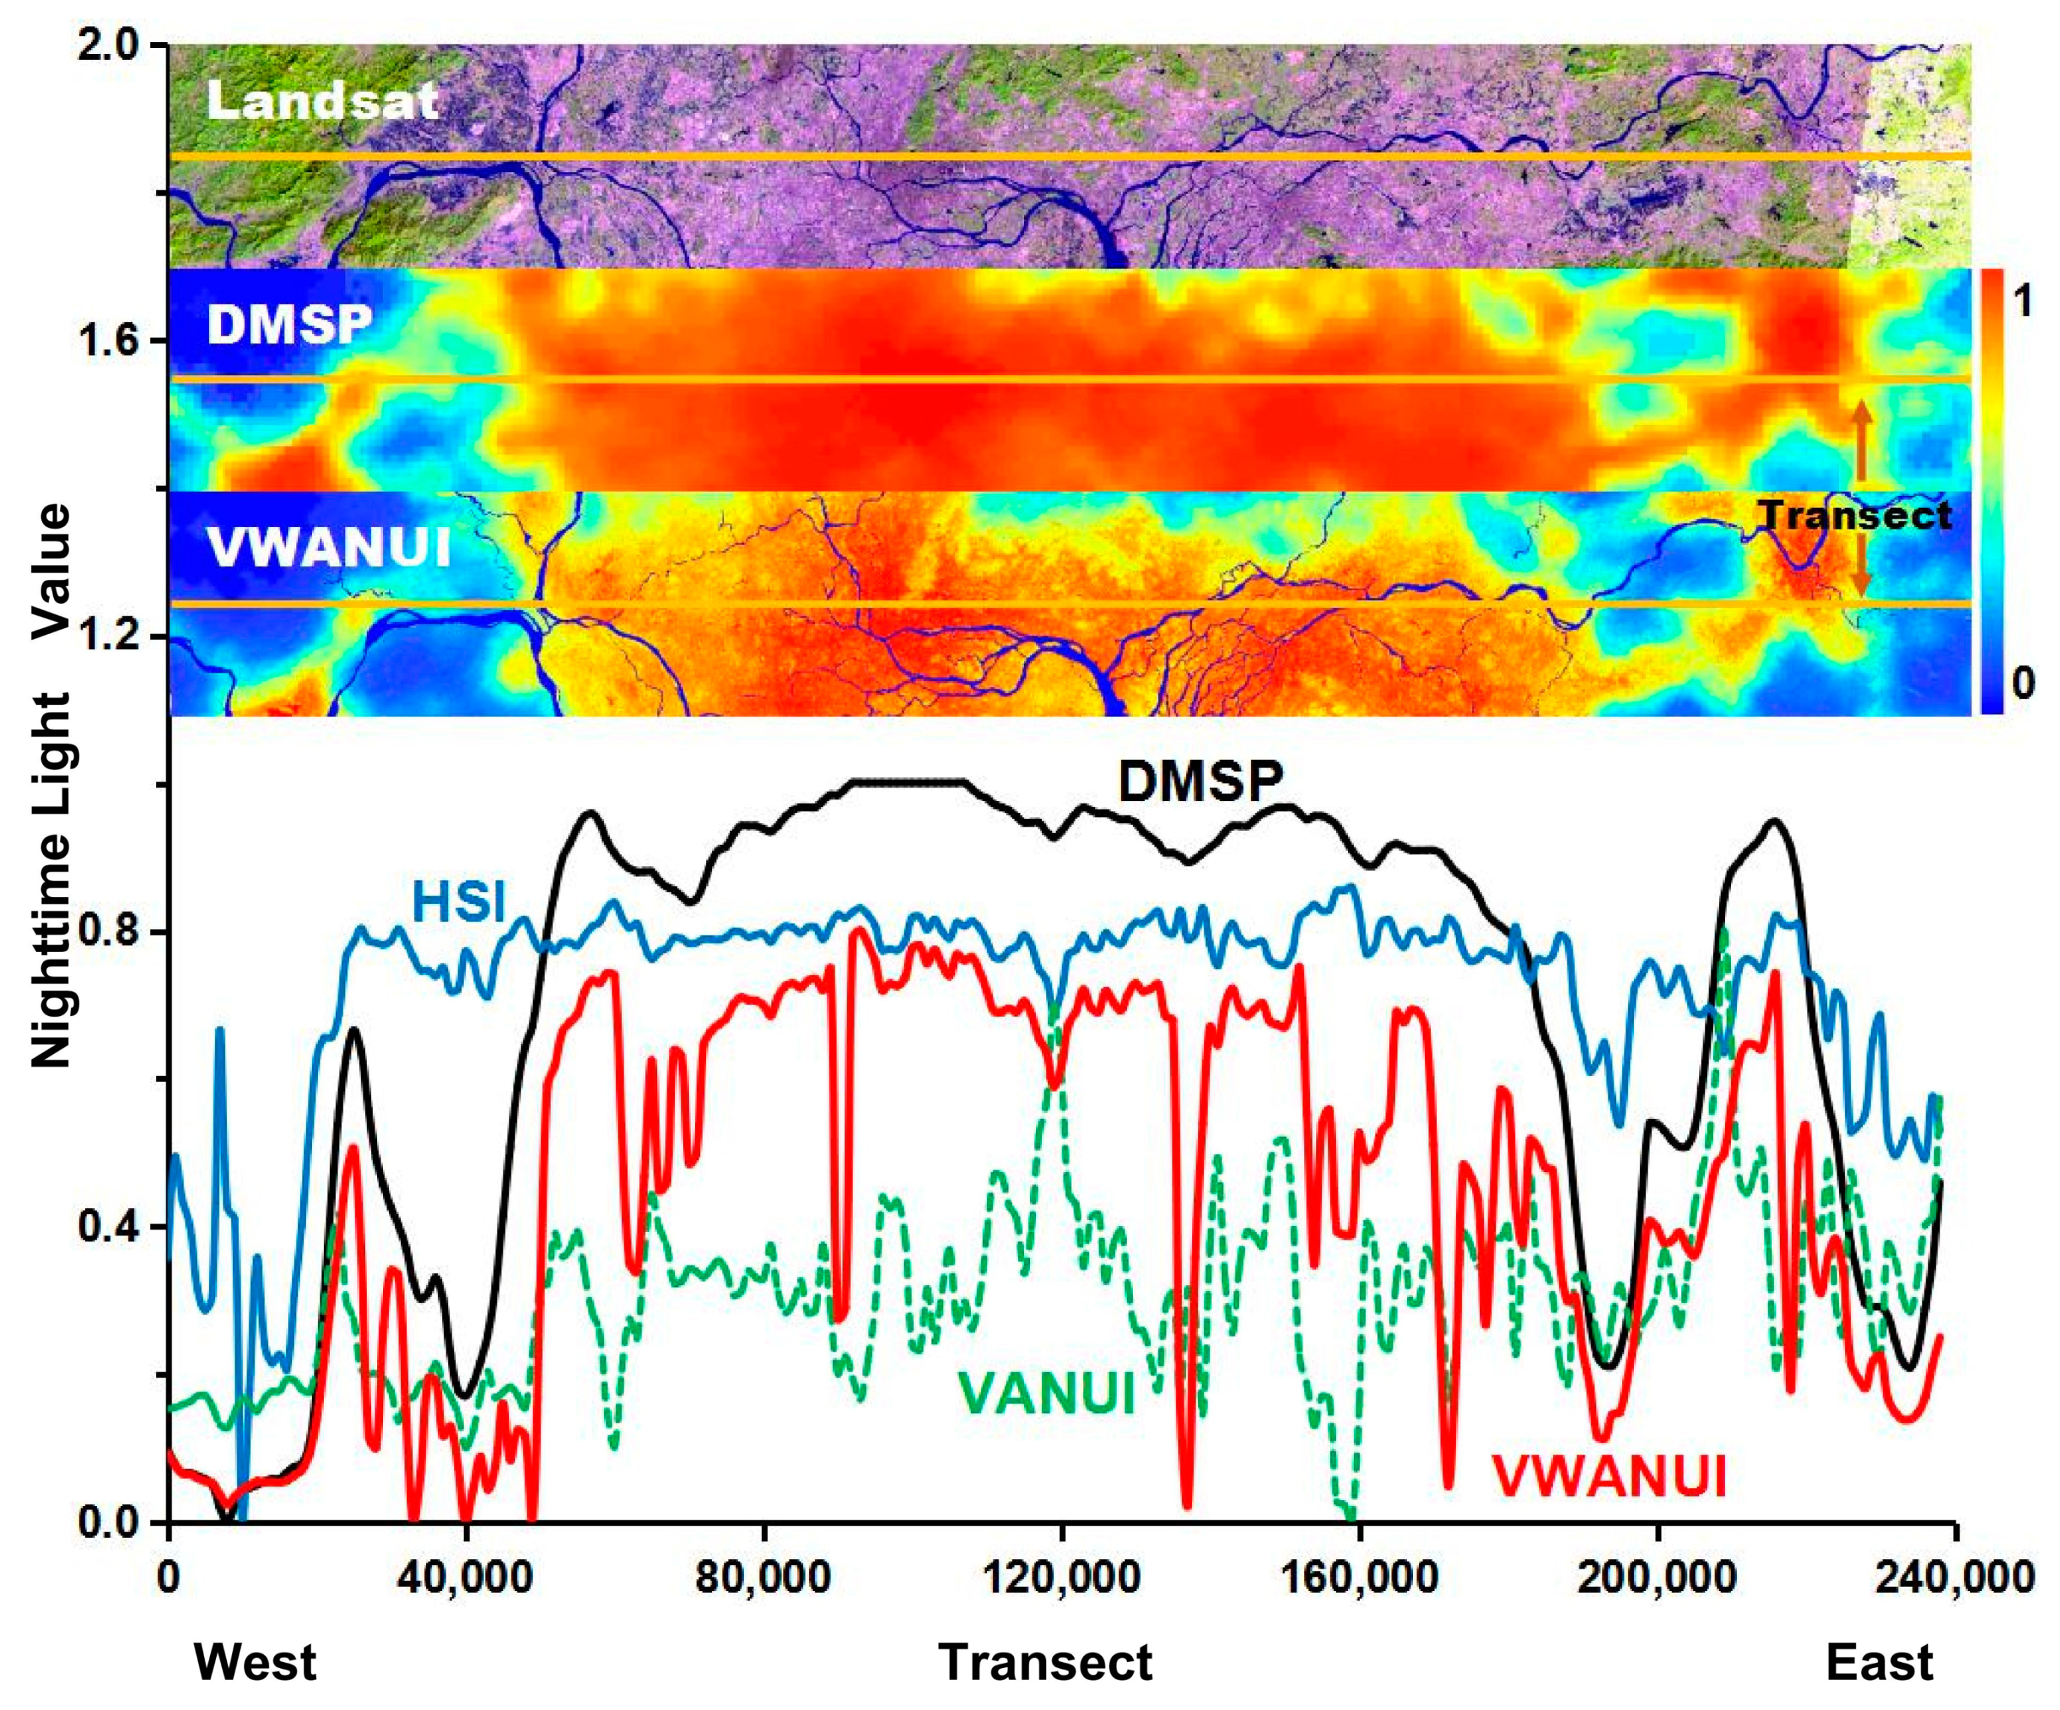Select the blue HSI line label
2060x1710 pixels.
[458, 901]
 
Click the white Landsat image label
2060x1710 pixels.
[322, 101]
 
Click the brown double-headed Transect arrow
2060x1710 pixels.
[1861, 501]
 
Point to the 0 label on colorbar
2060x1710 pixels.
[2021, 683]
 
